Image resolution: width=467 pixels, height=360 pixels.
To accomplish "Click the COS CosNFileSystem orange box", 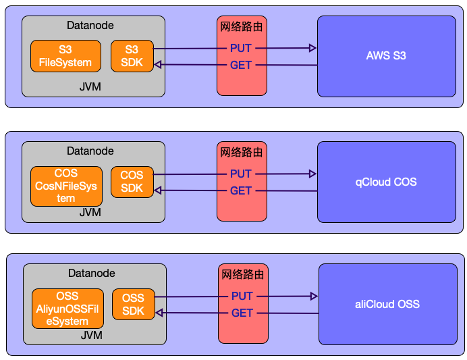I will click(x=65, y=186).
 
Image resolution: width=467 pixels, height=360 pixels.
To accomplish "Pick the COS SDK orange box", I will click(x=132, y=182).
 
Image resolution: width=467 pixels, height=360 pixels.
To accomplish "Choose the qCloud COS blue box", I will click(x=386, y=182).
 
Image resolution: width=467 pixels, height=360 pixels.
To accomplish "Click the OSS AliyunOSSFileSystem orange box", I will click(x=67, y=309).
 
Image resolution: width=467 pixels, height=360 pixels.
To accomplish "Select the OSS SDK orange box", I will click(x=134, y=305).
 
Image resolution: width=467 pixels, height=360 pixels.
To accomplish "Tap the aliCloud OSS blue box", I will click(x=387, y=305).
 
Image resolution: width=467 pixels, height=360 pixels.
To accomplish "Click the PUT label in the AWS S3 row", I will click(x=241, y=49).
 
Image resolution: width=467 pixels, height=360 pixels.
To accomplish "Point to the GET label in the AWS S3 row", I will click(x=241, y=66).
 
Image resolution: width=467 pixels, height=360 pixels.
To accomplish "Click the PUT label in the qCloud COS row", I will click(x=241, y=174).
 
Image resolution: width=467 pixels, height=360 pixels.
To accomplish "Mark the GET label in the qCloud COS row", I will click(x=241, y=191).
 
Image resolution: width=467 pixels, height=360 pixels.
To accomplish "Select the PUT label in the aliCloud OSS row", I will click(x=242, y=297).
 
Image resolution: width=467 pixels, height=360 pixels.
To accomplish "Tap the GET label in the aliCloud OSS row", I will click(x=242, y=313).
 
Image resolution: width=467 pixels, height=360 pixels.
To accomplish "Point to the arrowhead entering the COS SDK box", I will click(x=158, y=190).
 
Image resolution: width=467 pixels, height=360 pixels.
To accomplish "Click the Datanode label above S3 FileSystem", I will click(x=90, y=26).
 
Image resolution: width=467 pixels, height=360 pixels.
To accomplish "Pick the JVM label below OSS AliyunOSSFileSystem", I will click(x=91, y=335).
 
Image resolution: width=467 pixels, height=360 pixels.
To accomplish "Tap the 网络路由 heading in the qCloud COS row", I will click(x=241, y=153).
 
